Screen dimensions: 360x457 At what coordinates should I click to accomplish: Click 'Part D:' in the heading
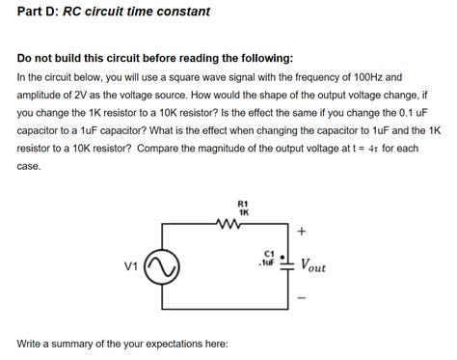38,13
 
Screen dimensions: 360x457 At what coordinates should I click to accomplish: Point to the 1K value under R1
243,212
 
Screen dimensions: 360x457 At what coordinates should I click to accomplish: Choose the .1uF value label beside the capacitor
266,262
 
